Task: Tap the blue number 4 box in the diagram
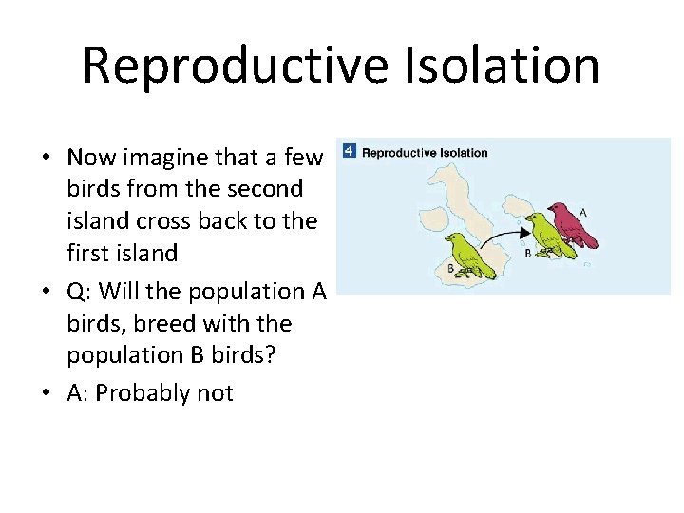click(x=349, y=152)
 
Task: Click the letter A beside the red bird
click(x=582, y=213)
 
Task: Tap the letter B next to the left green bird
click(x=450, y=269)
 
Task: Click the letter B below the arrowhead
click(x=527, y=253)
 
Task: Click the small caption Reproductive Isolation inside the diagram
click(x=425, y=153)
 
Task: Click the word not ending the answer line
click(x=214, y=393)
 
